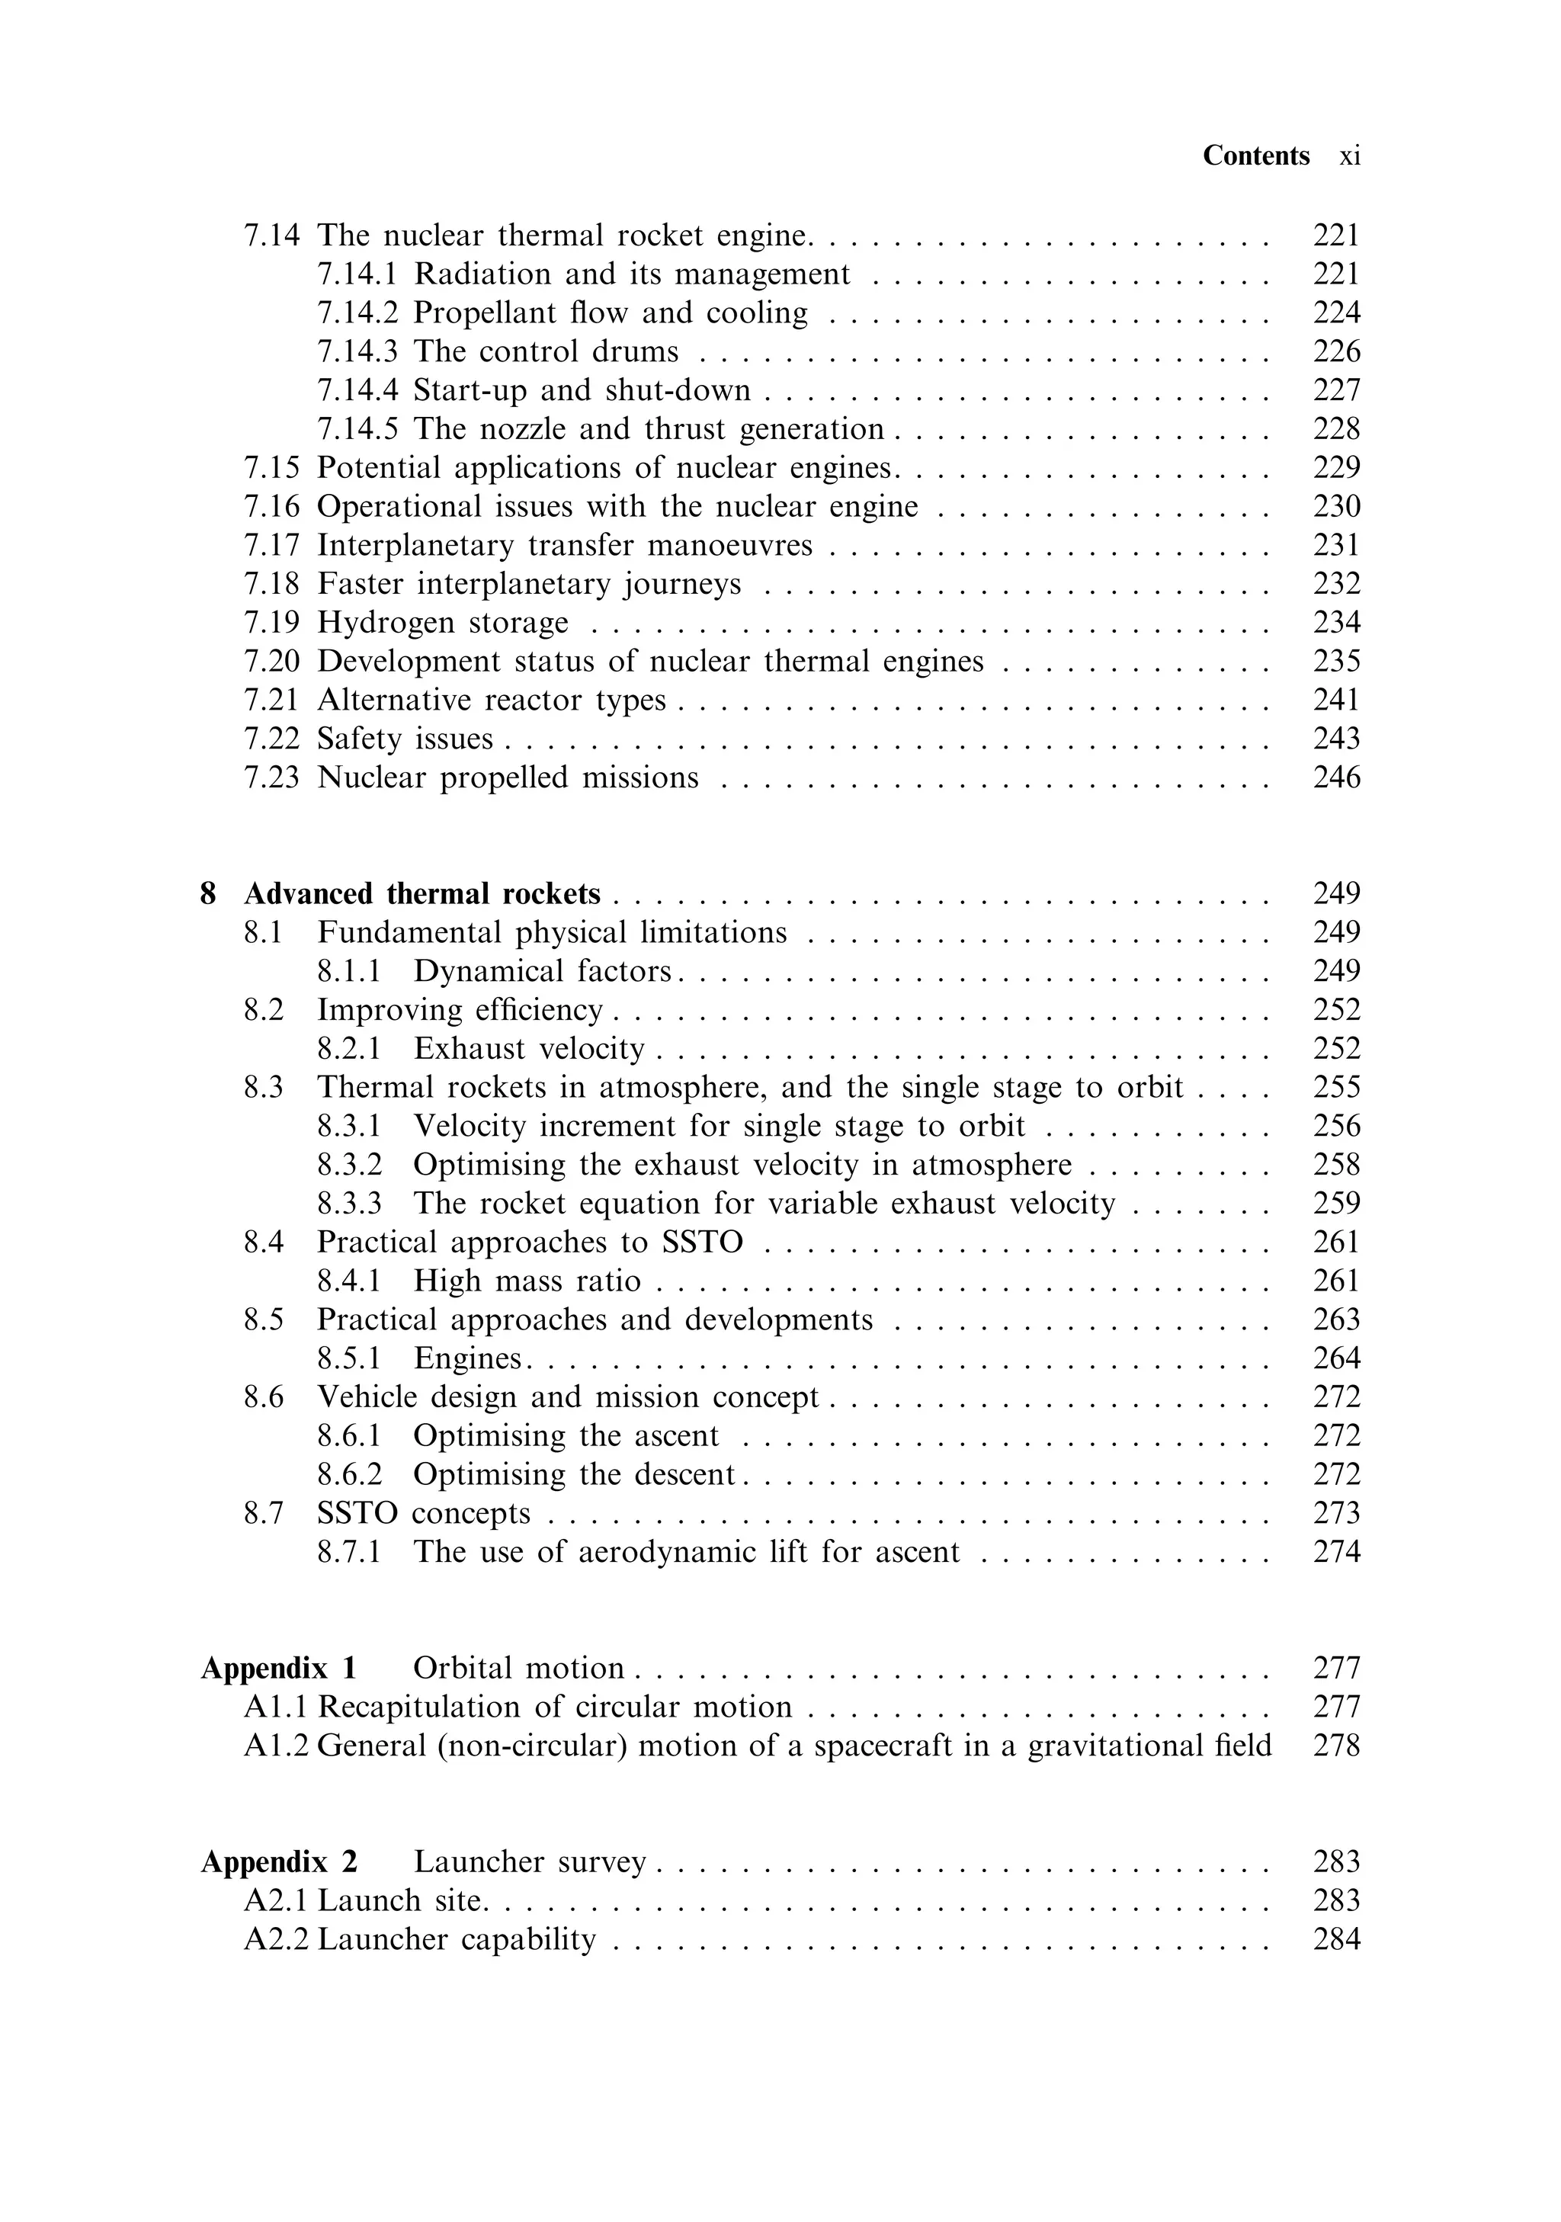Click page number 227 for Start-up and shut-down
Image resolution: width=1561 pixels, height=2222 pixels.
coord(1335,390)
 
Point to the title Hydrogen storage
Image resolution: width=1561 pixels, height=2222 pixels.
coord(442,622)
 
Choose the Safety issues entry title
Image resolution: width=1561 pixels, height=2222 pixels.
coord(405,739)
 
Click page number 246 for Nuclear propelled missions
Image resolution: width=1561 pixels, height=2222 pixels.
coord(1335,777)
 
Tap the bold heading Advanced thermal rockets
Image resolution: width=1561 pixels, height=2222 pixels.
coord(422,893)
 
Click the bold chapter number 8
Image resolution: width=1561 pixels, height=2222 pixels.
coord(208,893)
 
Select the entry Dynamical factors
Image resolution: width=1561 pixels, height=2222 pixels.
coord(542,970)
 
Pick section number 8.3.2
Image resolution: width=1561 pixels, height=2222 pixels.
coord(349,1164)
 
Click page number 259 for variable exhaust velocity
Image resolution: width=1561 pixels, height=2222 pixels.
coord(1335,1203)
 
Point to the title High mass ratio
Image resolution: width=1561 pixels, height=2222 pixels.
coord(527,1281)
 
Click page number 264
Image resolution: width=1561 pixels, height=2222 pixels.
coord(1335,1358)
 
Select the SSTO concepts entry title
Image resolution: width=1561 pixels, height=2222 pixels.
coord(424,1512)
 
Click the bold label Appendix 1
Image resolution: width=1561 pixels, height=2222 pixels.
coord(279,1668)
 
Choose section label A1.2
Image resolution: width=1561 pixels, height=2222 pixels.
coord(276,1745)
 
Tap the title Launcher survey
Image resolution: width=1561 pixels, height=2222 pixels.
coord(530,1861)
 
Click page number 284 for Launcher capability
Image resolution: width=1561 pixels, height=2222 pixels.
coord(1335,1938)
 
